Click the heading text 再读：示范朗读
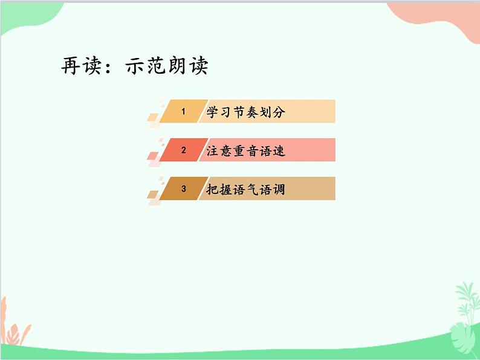click(134, 66)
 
